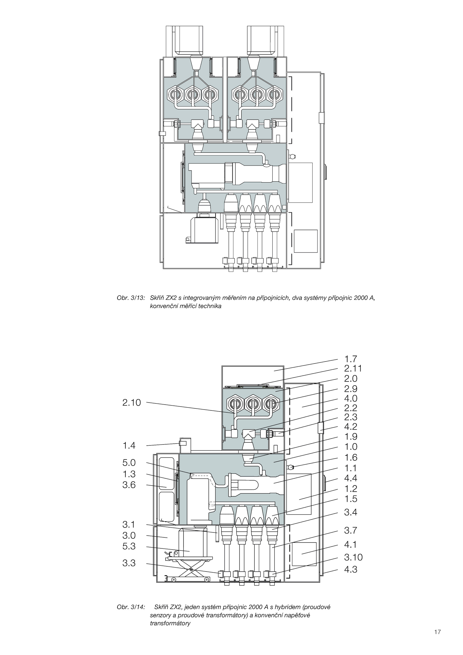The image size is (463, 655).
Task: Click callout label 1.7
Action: [x=351, y=359]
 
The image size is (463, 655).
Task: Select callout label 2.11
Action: [x=353, y=369]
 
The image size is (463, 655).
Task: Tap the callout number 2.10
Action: [x=132, y=402]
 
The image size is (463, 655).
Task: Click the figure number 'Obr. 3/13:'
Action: [x=131, y=298]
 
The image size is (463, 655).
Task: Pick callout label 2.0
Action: [x=351, y=379]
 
